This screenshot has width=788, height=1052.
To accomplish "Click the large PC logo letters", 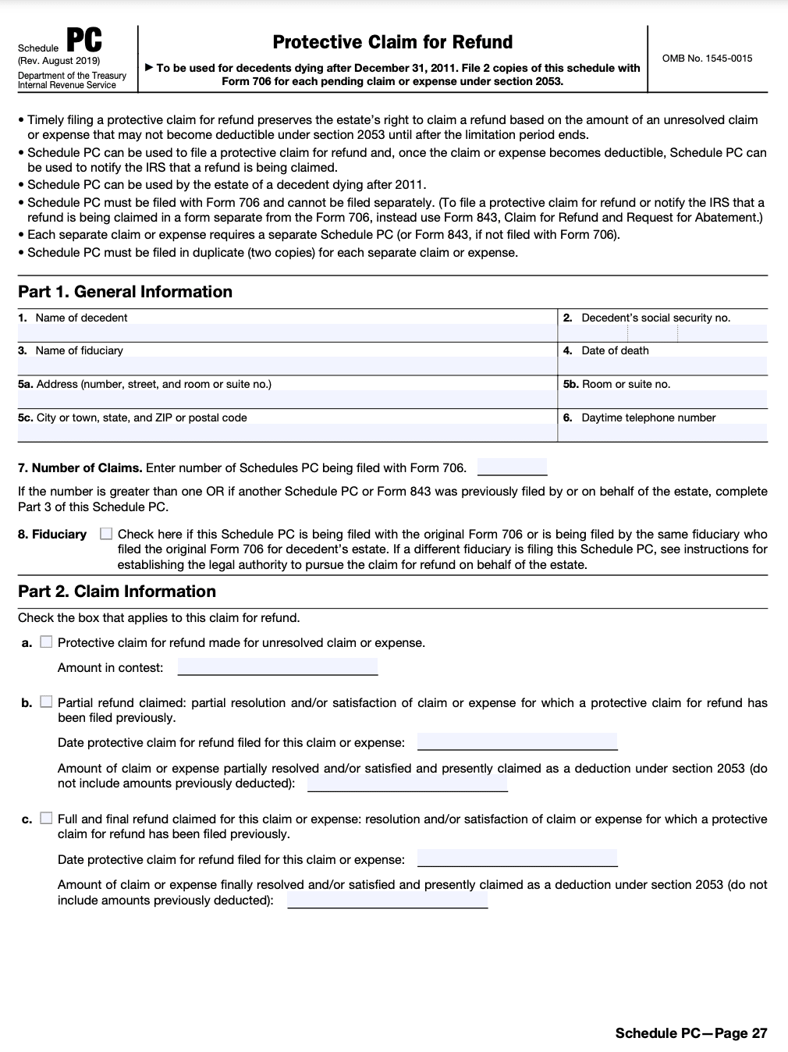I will click(x=83, y=41).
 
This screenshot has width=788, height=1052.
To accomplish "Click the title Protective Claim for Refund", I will click(x=392, y=42).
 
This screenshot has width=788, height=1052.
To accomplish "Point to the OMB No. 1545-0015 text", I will click(x=707, y=59).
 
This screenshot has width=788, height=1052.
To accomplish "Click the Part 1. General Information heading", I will click(x=125, y=292).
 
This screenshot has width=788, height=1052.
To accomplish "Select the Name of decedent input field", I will click(x=286, y=332).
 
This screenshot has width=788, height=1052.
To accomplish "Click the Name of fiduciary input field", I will click(x=286, y=366).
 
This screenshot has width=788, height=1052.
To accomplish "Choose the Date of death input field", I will click(x=664, y=366).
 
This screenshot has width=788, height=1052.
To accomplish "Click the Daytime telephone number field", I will click(x=664, y=432).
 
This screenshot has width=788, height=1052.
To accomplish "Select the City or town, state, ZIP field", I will click(x=286, y=432).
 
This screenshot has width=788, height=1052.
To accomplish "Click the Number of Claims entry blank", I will click(x=512, y=468).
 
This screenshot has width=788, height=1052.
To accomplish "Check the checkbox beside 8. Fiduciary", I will click(x=106, y=535).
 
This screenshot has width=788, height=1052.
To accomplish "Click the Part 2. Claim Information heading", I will click(x=117, y=592).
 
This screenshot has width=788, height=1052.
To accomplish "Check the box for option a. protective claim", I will click(x=46, y=642).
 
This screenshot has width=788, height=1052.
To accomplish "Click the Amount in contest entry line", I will click(x=278, y=667).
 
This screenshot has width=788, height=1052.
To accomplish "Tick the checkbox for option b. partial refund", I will click(x=46, y=702).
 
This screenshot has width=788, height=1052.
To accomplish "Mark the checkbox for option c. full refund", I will click(x=46, y=819).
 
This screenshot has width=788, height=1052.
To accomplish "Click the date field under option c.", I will click(x=517, y=858).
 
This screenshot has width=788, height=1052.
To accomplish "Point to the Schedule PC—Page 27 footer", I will click(x=691, y=1033).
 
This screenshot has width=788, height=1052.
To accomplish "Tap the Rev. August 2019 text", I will click(x=59, y=61).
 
